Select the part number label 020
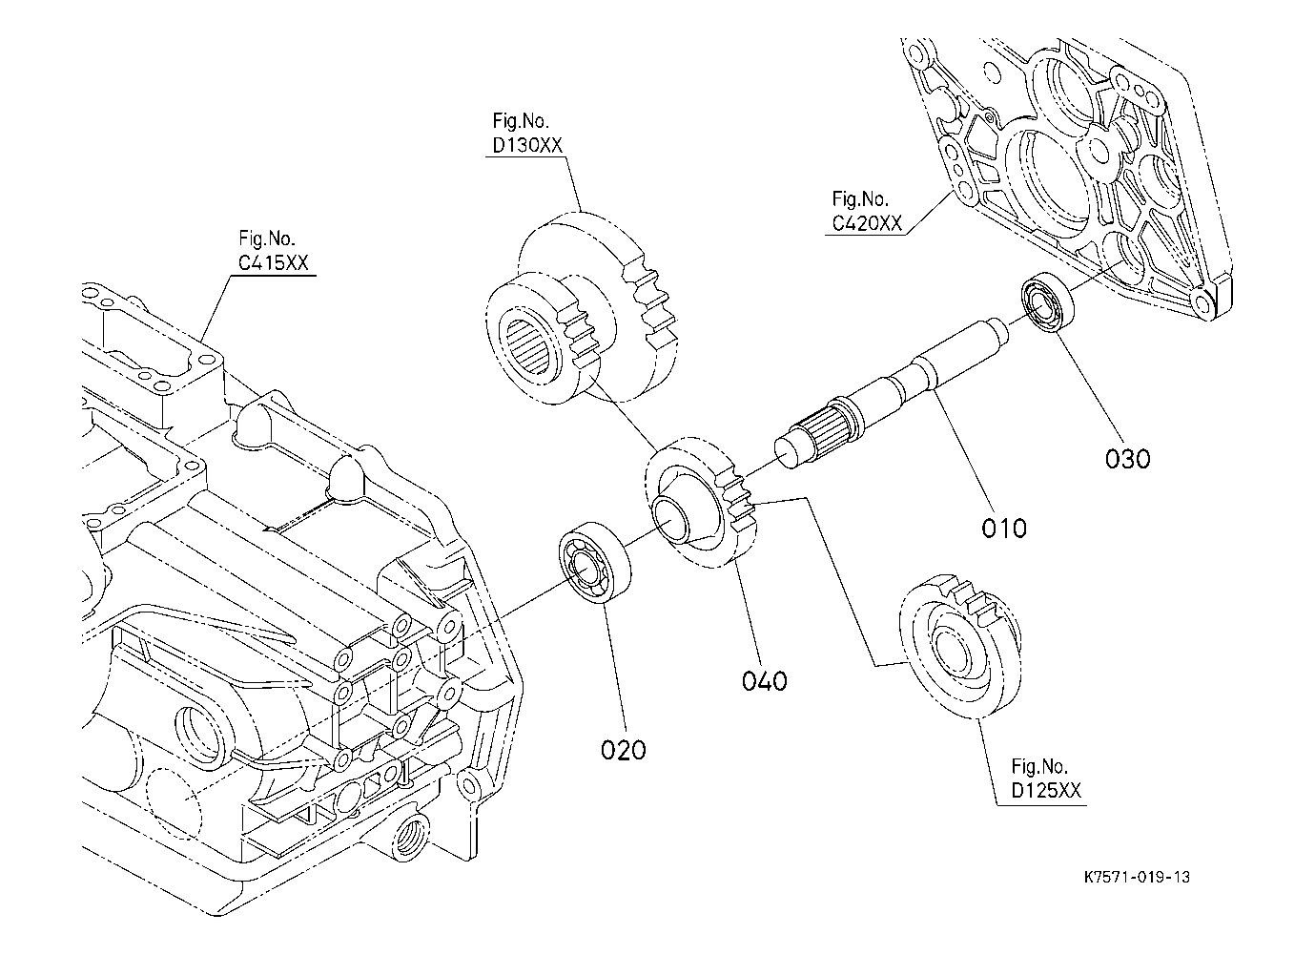[x=623, y=750]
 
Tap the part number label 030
[x=1128, y=459]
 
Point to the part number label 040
[x=765, y=681]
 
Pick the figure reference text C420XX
[x=866, y=224]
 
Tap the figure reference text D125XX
[x=1046, y=791]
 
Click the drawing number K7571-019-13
[x=1136, y=878]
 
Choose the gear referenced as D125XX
[x=958, y=649]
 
